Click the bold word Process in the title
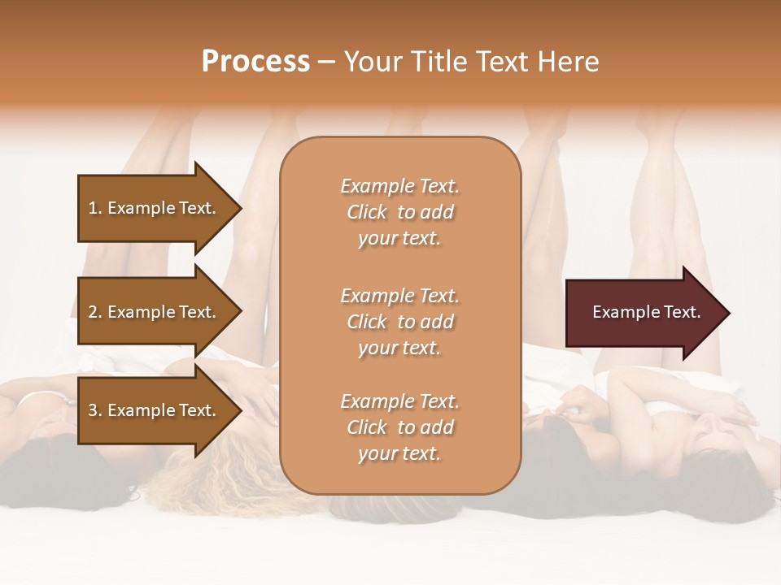255,62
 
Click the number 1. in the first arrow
95,208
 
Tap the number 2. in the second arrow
95,312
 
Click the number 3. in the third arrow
95,410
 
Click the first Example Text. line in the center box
399,186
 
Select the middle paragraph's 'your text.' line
399,348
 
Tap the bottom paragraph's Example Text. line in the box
399,401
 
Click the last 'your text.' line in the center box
399,453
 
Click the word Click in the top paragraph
366,212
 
